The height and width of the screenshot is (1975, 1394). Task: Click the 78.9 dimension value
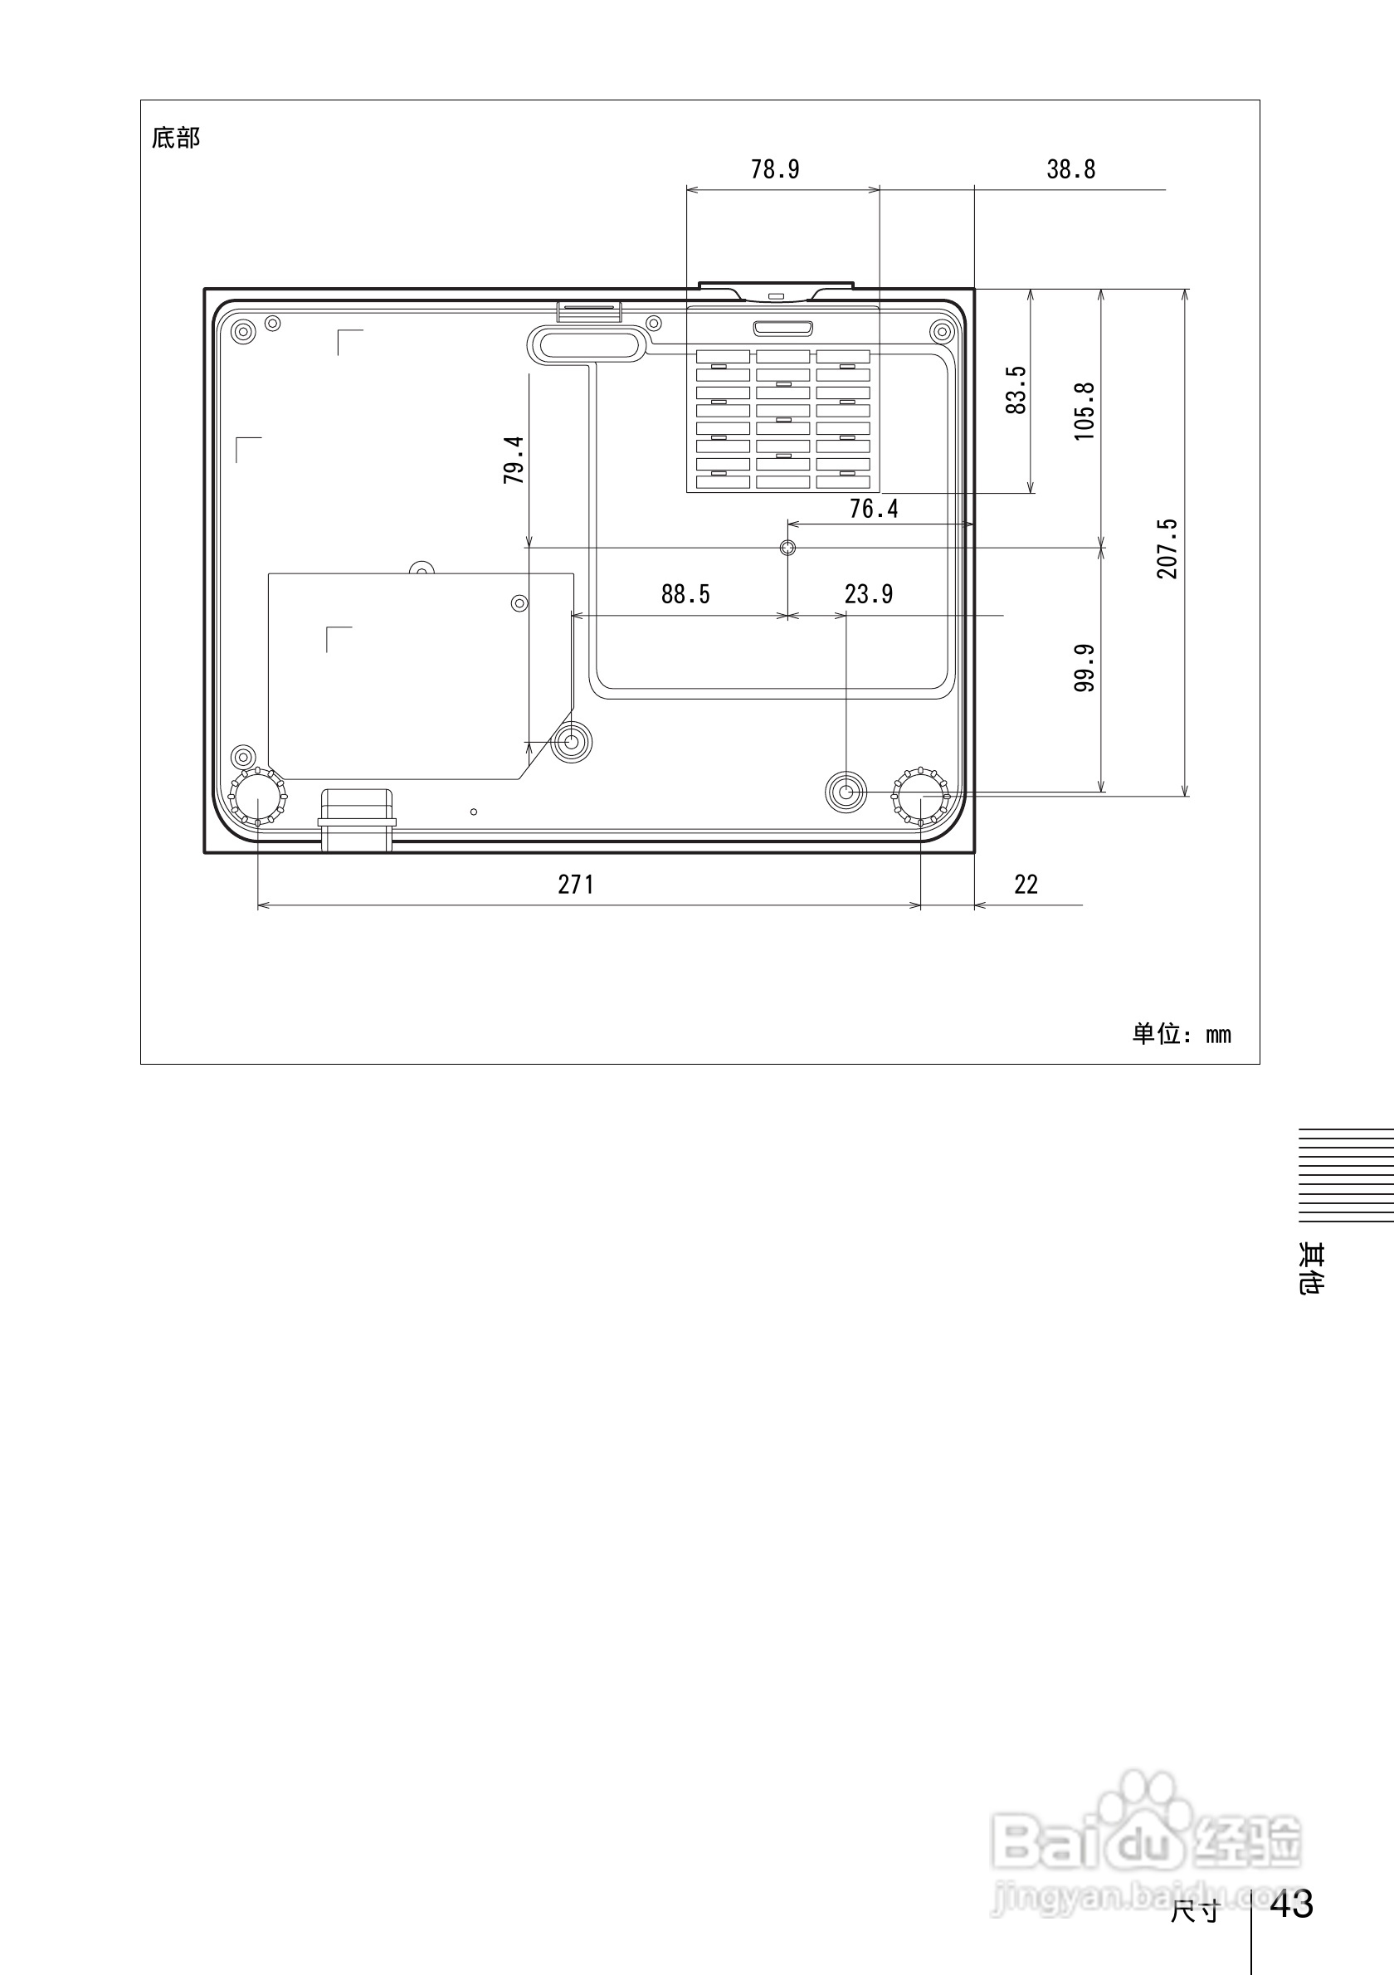[775, 169]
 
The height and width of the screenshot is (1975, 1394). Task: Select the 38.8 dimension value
[1070, 169]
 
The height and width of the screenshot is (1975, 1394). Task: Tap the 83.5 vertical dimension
[1016, 390]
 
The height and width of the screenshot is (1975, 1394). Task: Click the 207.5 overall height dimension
[1167, 549]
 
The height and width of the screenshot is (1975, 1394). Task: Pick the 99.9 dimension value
[1084, 667]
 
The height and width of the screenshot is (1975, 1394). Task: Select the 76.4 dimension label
[874, 510]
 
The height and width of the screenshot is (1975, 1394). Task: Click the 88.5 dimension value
[685, 594]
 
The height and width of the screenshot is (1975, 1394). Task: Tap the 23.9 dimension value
[869, 594]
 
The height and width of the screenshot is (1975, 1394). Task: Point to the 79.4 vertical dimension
[514, 461]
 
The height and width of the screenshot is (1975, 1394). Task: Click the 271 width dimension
[575, 885]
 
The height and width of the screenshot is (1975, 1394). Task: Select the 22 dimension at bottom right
[1026, 885]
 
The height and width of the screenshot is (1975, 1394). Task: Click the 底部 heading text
[175, 138]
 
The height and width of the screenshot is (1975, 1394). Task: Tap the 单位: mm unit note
[1181, 1034]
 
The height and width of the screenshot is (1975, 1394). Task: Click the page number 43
[1291, 1904]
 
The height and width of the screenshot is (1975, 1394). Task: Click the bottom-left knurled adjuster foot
[258, 797]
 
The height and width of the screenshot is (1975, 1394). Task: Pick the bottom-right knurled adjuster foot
[921, 797]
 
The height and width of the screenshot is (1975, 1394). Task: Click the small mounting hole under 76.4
[787, 547]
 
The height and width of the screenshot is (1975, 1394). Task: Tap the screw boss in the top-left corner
[244, 331]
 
